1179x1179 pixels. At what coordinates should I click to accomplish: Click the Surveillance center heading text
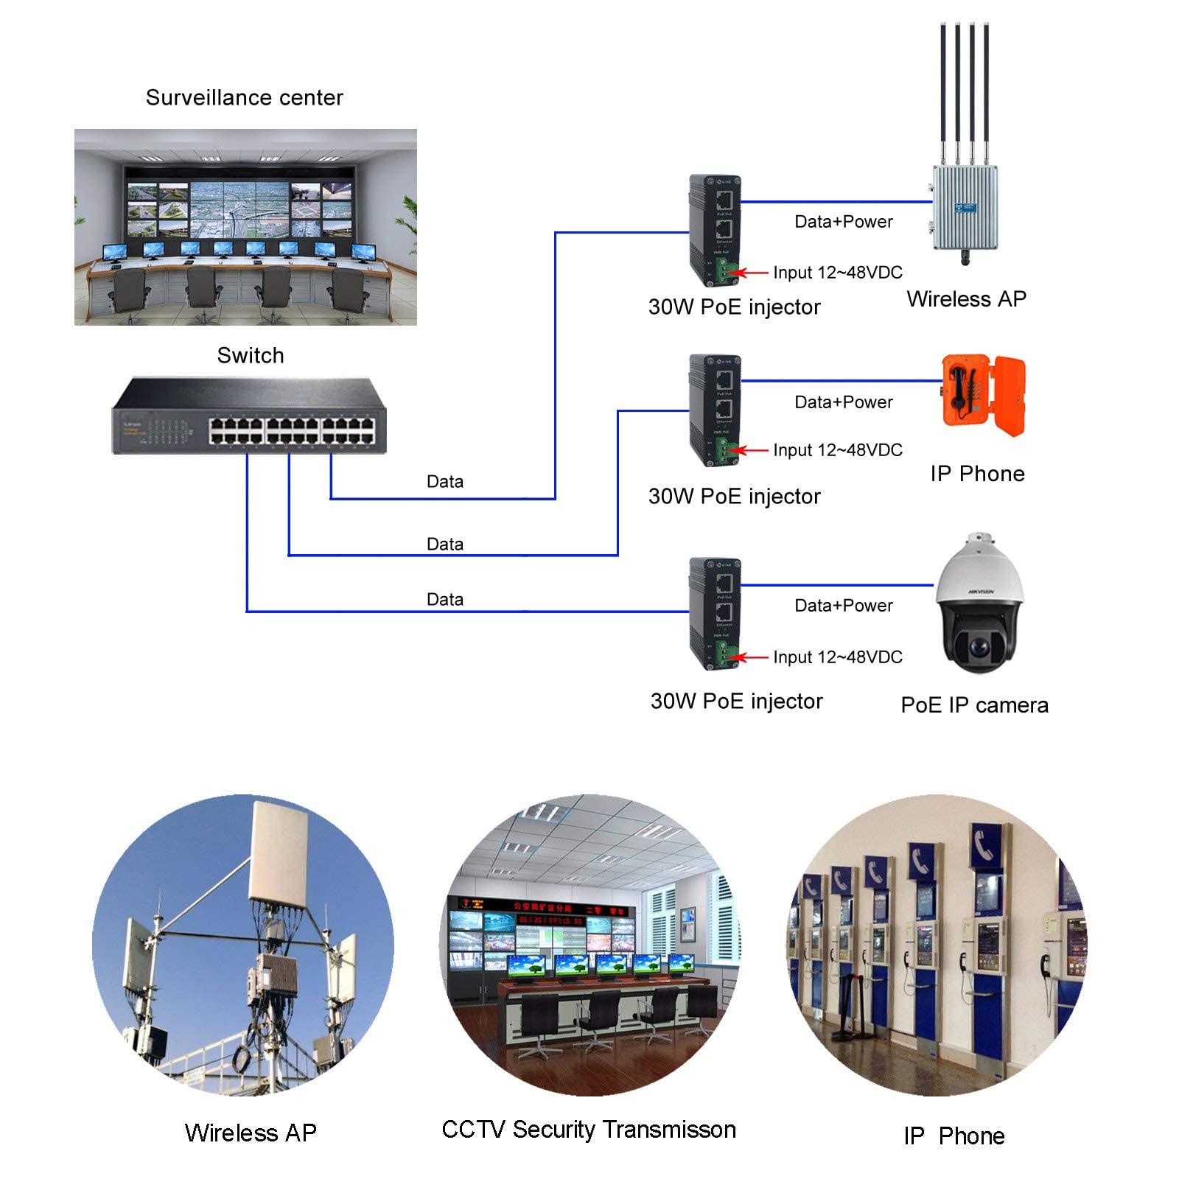244,97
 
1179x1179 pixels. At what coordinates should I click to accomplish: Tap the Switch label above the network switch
250,355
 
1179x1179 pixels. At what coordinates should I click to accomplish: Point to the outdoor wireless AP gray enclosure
965,209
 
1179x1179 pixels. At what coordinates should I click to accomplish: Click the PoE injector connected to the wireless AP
714,231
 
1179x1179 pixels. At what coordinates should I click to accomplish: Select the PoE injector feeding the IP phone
714,410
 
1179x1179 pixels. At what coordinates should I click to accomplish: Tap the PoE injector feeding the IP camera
714,613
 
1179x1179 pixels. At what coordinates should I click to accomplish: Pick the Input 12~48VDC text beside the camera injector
837,657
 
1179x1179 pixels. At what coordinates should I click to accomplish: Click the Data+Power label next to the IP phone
843,402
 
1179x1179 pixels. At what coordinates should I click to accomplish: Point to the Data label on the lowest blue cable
444,599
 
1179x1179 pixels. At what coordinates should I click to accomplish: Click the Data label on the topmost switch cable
444,481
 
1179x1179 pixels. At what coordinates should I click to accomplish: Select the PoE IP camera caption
974,705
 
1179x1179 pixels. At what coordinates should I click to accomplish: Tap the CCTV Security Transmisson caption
588,1130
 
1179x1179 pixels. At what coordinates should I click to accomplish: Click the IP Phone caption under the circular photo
954,1136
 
